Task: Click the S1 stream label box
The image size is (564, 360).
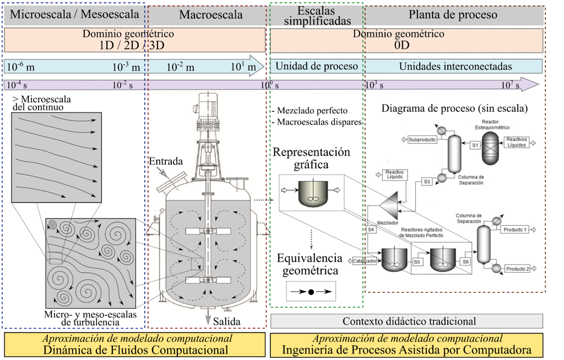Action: [475, 145]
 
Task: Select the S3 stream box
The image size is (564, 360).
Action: [426, 181]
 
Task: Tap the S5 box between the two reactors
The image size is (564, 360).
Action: [417, 262]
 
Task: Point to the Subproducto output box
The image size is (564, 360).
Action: [422, 140]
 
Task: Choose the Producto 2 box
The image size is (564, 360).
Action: [517, 269]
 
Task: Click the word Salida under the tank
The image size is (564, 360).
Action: [226, 321]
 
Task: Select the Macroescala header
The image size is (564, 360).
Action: [208, 15]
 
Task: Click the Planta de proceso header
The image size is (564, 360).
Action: [453, 15]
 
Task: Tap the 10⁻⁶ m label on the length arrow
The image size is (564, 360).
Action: [20, 67]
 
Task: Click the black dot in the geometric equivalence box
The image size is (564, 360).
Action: [311, 292]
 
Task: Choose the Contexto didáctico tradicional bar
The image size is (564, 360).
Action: [406, 321]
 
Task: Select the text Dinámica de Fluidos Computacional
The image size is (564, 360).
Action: [136, 350]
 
